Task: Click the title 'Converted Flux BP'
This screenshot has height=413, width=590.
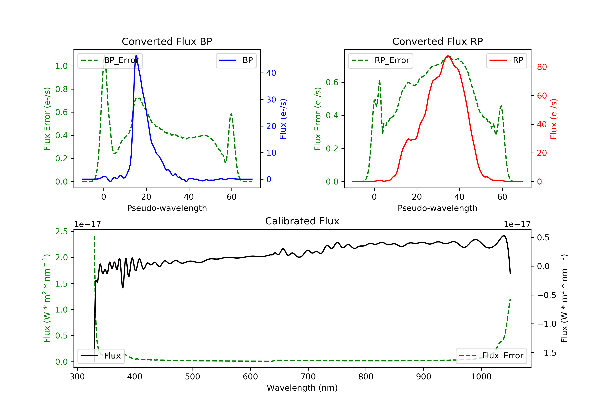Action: pos(167,41)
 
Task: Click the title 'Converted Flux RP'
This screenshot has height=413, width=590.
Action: pos(437,41)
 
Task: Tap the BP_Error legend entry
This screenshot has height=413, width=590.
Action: pos(110,60)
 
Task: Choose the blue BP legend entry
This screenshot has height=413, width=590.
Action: pos(236,60)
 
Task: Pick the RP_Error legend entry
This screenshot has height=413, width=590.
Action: pos(381,60)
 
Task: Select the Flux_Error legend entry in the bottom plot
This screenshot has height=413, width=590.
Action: pos(491,356)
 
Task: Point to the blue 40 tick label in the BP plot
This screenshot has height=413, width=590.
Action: pos(271,73)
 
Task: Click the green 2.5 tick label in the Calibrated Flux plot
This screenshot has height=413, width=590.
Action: pos(61,231)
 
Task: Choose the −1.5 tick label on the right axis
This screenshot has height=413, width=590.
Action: pos(547,353)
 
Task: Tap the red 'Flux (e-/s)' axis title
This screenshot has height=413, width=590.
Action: pos(553,119)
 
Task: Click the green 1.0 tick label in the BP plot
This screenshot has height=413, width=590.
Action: pos(61,66)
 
